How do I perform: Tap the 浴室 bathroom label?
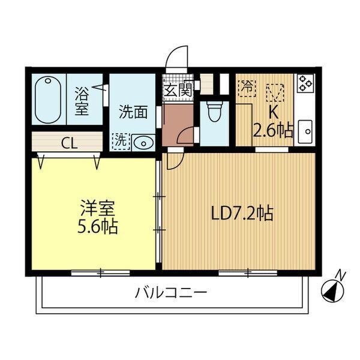pyautogui.click(x=82, y=101)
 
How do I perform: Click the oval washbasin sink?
pyautogui.click(x=142, y=142)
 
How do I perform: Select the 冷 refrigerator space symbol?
pyautogui.click(x=246, y=86)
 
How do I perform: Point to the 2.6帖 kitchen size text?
pyautogui.click(x=274, y=130)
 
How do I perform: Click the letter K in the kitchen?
pyautogui.click(x=273, y=112)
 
